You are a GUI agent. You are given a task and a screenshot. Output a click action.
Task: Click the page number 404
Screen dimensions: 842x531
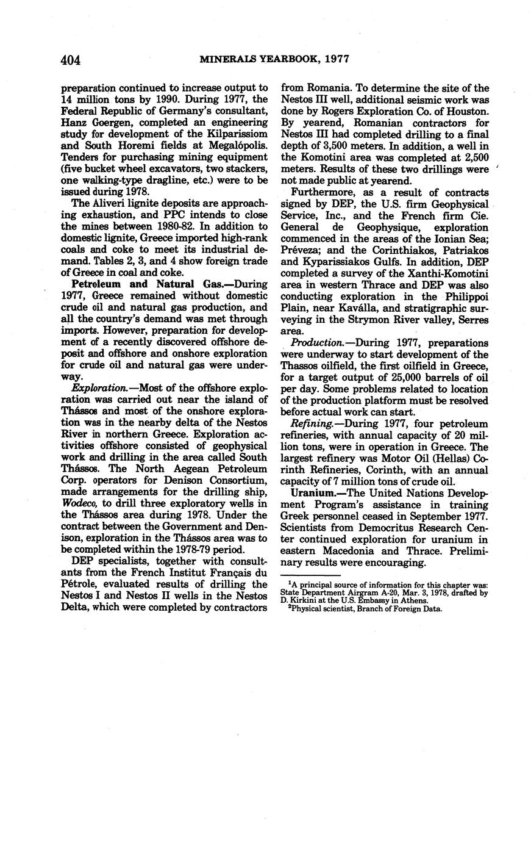point(71,60)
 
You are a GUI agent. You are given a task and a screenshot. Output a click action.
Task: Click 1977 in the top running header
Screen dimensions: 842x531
point(337,59)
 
